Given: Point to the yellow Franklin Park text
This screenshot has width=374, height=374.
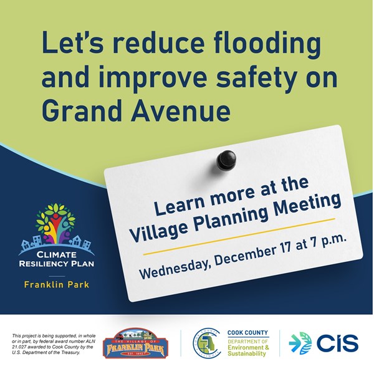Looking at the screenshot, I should point(55,285).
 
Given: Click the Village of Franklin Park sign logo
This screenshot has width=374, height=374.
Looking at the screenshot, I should point(135,343).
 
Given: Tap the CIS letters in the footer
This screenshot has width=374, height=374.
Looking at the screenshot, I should point(337,343).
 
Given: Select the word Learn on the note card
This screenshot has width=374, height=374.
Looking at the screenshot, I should point(172,206).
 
